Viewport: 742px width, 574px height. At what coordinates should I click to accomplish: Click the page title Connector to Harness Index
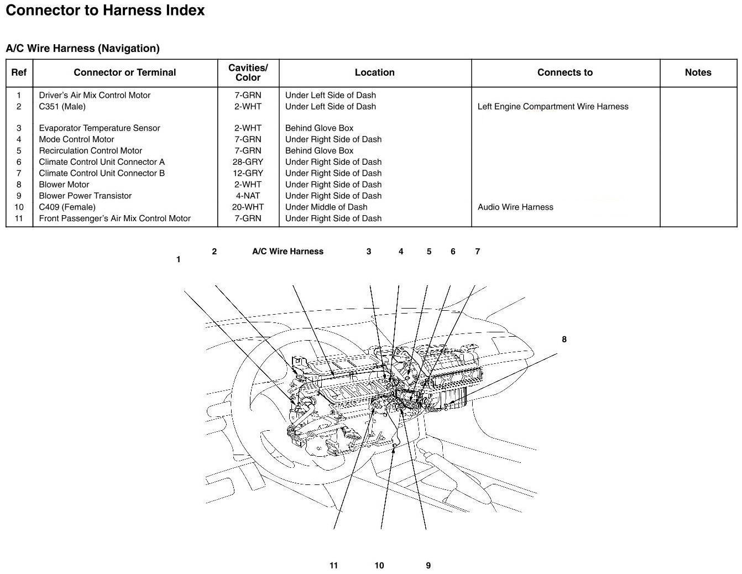pos(105,11)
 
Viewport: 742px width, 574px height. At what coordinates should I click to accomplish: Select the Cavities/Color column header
pos(248,72)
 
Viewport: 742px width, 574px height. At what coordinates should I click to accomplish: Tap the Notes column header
pos(698,72)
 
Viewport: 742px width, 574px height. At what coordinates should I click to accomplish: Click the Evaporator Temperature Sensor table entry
pos(100,128)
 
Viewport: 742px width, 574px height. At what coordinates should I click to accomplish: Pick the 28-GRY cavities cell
pos(248,162)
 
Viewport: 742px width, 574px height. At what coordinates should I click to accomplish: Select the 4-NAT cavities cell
pos(248,196)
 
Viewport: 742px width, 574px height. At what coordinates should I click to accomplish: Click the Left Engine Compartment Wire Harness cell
pos(553,107)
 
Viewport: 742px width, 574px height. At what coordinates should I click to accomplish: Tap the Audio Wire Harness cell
pos(515,207)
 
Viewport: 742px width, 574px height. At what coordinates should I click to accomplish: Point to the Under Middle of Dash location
pos(326,207)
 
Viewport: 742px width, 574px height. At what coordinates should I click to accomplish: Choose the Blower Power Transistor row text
pos(85,196)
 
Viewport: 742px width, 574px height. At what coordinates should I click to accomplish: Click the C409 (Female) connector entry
pos(67,207)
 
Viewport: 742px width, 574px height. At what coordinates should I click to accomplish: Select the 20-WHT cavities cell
pos(248,207)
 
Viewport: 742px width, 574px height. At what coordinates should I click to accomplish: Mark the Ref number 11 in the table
pos(19,218)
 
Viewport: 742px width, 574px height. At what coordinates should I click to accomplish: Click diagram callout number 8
pos(564,340)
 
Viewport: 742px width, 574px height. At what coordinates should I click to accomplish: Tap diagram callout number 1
pos(178,259)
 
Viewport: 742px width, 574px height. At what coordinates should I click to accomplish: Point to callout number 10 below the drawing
pos(379,566)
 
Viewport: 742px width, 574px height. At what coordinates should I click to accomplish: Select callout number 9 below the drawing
pos(429,566)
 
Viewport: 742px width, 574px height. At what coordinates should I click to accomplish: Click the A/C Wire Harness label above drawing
pos(288,252)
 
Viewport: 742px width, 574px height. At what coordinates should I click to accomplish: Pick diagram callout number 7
pos(478,252)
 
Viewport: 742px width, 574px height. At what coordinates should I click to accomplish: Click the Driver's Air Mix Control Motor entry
pos(95,95)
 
